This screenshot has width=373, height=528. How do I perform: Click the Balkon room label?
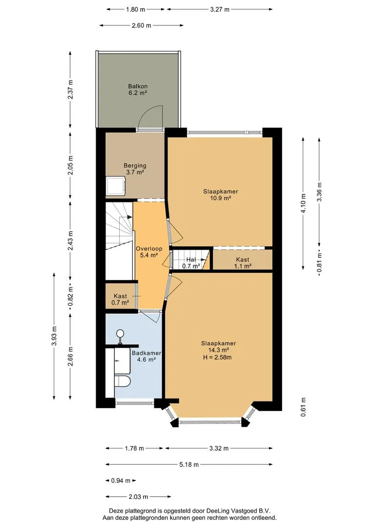click(x=138, y=89)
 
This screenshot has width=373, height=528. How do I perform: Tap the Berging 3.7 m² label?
click(x=135, y=169)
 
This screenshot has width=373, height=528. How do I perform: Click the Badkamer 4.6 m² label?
click(x=146, y=356)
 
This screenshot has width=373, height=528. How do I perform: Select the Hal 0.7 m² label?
click(x=191, y=263)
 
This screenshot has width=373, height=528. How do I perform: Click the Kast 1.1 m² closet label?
click(x=243, y=263)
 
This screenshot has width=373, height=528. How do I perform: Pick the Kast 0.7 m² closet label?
click(x=120, y=299)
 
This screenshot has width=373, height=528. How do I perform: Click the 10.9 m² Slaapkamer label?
click(x=220, y=195)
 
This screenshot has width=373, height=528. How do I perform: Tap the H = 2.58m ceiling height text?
click(x=217, y=357)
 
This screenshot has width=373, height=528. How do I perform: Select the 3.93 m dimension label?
click(x=54, y=336)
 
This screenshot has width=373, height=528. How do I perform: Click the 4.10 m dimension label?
click(x=303, y=203)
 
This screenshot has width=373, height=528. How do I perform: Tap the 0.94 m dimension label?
click(x=121, y=481)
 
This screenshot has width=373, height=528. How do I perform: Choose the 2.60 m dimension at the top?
click(x=141, y=25)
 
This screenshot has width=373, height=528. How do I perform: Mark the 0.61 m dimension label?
click(x=303, y=407)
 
